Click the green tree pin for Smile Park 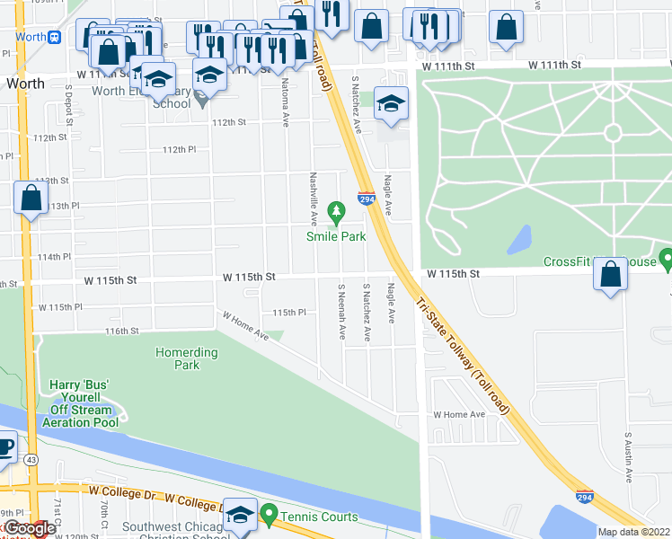pyautogui.click(x=337, y=213)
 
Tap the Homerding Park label pyautogui.click(x=186, y=359)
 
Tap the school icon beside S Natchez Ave pyautogui.click(x=392, y=103)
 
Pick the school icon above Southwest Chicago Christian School pyautogui.click(x=240, y=515)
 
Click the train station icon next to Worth pyautogui.click(x=56, y=37)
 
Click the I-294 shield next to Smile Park pyautogui.click(x=367, y=199)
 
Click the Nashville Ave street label pyautogui.click(x=314, y=199)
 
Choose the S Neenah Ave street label pyautogui.click(x=341, y=314)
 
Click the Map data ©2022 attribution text pyautogui.click(x=632, y=532)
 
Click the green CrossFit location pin pyautogui.click(x=666, y=260)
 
